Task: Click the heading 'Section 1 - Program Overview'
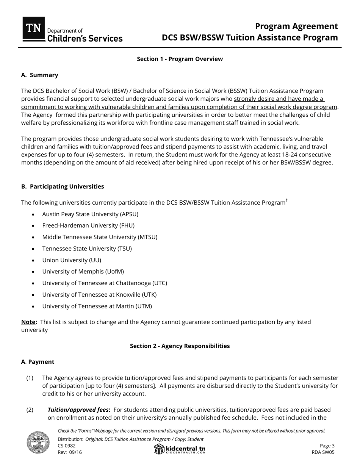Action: (180, 59)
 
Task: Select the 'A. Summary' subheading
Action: (40, 75)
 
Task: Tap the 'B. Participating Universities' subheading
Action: (63, 186)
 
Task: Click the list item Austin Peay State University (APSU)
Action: (90, 214)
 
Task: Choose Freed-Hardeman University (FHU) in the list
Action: (88, 225)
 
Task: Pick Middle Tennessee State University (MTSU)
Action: (100, 237)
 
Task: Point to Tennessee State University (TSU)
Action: (87, 249)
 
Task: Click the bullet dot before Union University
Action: (33, 261)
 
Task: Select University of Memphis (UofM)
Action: (83, 272)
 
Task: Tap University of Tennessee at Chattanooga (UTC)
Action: (105, 283)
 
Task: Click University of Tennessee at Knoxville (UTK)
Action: (99, 295)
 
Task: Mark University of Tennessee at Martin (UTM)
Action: (97, 306)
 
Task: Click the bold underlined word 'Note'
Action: (28, 322)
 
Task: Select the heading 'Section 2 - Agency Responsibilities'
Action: (180, 346)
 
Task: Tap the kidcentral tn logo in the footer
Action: (180, 449)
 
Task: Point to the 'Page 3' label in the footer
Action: (327, 446)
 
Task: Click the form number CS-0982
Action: (67, 446)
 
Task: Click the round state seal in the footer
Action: (38, 442)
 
